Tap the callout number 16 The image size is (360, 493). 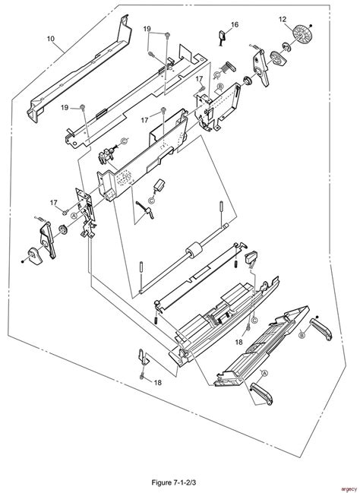[234, 25]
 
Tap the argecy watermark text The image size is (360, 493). [346, 487]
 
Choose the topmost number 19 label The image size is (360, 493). [150, 28]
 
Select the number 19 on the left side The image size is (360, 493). [65, 108]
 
